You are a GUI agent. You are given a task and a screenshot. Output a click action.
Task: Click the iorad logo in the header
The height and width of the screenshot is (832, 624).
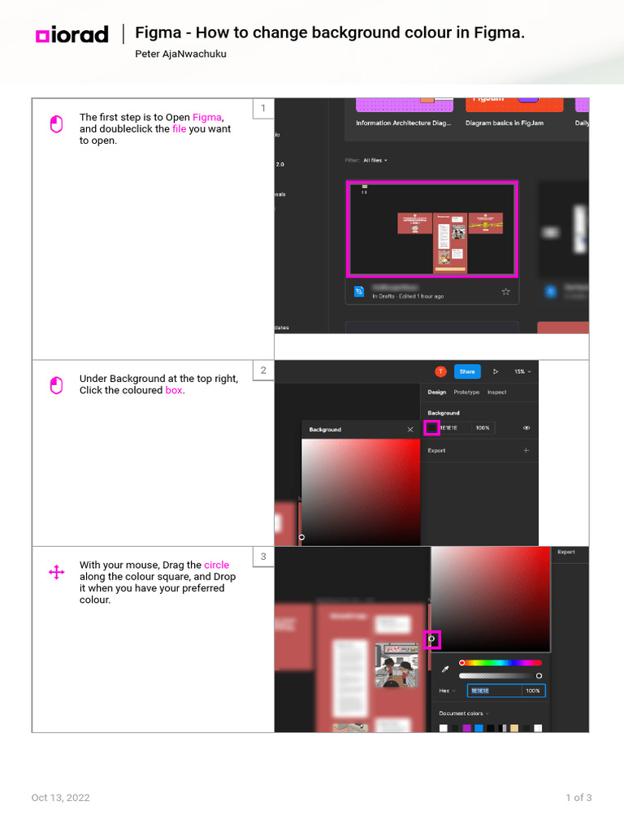(71, 35)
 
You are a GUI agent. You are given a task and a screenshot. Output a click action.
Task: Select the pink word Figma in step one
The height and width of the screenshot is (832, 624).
(206, 117)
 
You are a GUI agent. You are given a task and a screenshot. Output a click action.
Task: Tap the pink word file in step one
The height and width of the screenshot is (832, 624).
(179, 129)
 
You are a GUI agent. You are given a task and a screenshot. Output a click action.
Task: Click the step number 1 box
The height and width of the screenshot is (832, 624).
(262, 109)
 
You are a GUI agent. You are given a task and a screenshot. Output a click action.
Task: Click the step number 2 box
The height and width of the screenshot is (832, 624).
(262, 370)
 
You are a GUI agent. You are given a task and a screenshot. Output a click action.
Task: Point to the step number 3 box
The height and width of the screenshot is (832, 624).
(262, 557)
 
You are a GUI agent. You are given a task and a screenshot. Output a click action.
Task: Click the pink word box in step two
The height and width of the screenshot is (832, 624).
(174, 390)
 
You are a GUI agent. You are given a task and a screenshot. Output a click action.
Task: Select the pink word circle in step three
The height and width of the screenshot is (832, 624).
(216, 565)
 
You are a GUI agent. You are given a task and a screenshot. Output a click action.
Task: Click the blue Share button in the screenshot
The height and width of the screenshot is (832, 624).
(466, 371)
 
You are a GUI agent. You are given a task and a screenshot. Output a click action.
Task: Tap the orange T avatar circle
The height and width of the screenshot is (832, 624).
(440, 371)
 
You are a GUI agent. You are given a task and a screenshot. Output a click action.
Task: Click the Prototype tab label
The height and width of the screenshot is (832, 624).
(466, 392)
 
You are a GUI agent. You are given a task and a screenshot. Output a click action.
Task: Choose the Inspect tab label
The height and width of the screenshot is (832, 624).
(496, 392)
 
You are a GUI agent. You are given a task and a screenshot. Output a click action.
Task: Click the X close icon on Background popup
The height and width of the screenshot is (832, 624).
(409, 429)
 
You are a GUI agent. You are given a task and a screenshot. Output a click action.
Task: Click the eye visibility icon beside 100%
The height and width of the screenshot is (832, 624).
(526, 427)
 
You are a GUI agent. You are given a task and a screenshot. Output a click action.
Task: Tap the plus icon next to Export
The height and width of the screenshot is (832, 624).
(526, 450)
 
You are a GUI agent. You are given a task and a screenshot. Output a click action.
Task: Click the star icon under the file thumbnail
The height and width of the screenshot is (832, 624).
(505, 292)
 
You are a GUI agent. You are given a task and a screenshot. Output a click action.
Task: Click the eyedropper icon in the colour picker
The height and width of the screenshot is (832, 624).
(444, 669)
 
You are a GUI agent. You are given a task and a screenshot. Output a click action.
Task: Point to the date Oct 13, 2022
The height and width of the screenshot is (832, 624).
(61, 798)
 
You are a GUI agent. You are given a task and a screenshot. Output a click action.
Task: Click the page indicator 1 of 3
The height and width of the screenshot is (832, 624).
(578, 798)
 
